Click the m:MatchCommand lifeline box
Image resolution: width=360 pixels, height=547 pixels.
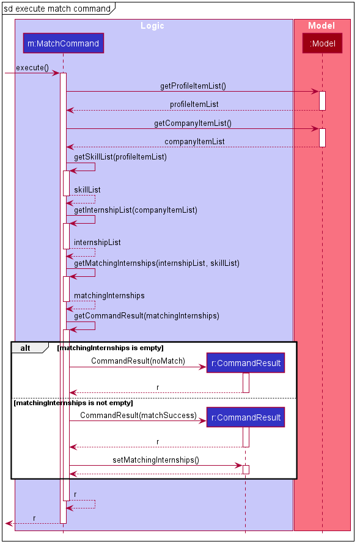click(64, 43)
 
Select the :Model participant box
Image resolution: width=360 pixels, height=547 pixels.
click(322, 43)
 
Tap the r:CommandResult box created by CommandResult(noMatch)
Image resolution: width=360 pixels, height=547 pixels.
click(246, 363)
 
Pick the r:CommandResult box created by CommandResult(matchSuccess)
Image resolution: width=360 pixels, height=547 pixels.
click(246, 417)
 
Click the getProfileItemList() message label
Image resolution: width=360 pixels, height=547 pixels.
click(193, 86)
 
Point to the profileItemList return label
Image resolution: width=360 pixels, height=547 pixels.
click(194, 105)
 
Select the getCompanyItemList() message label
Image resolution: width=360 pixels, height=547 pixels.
click(193, 123)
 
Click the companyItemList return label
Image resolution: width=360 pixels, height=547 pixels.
click(194, 142)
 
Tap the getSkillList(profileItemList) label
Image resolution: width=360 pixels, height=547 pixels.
click(120, 157)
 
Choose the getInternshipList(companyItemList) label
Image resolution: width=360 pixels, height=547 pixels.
click(135, 210)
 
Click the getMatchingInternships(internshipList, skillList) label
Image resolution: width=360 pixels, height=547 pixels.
click(156, 263)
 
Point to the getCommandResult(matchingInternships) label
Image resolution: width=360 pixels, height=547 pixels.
click(147, 316)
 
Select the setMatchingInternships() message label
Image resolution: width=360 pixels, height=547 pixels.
click(156, 460)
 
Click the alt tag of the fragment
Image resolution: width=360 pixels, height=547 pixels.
click(25, 348)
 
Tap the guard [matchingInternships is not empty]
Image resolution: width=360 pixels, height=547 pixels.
click(73, 403)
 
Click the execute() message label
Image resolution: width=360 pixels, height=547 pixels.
click(32, 68)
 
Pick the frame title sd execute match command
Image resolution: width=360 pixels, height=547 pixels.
click(57, 9)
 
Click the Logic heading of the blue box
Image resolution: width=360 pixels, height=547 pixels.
click(152, 26)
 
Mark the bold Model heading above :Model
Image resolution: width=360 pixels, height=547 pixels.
click(321, 26)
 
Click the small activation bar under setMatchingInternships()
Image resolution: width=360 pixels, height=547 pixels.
click(246, 469)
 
